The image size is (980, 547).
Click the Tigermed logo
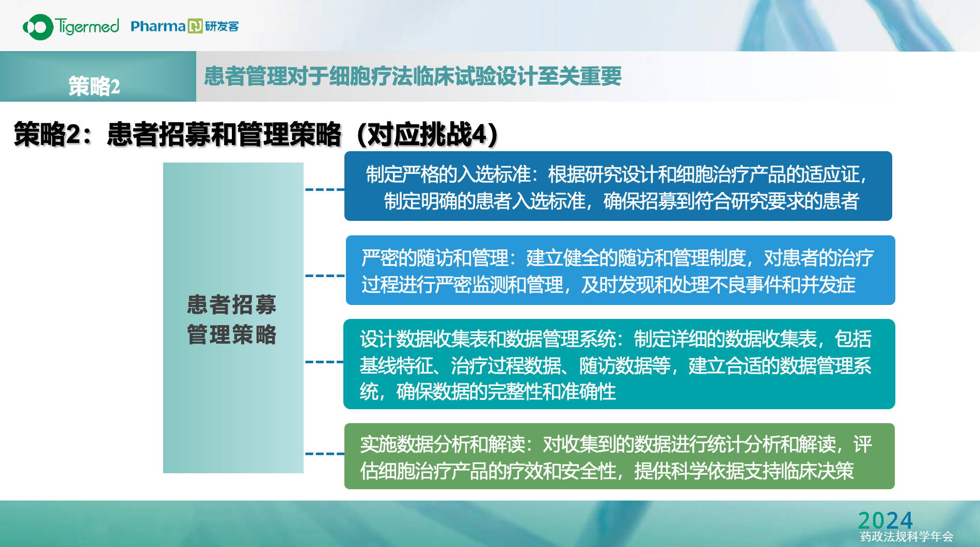[71, 26]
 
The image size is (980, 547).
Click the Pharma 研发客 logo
[184, 26]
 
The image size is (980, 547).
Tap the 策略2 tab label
[94, 86]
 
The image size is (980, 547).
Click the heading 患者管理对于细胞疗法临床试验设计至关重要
[413, 76]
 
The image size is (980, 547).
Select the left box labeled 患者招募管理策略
[233, 318]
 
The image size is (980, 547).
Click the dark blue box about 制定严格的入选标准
[618, 186]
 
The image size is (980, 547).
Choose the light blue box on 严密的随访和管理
[620, 270]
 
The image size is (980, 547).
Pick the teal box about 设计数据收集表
[619, 364]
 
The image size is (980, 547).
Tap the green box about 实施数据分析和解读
[619, 456]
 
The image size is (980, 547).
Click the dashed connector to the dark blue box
[325, 189]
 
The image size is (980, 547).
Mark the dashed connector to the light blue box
[325, 276]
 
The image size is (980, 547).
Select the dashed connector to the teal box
[325, 362]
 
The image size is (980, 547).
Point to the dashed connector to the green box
[325, 454]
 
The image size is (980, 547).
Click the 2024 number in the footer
[885, 520]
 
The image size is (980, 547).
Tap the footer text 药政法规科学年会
[906, 537]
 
